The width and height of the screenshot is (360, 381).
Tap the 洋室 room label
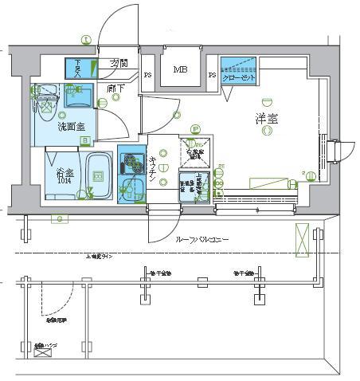pyautogui.click(x=267, y=119)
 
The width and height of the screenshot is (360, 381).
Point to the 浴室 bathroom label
pyautogui.click(x=65, y=171)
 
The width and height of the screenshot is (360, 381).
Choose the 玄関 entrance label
pyautogui.click(x=119, y=64)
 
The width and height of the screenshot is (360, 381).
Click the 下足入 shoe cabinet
pyautogui.click(x=79, y=67)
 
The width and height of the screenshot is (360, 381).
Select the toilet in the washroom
pyautogui.click(x=46, y=99)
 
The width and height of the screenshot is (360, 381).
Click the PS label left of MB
pyautogui.click(x=148, y=77)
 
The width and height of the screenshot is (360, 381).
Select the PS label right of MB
pyautogui.click(x=212, y=77)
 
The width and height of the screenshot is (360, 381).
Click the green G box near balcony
pyautogui.click(x=60, y=218)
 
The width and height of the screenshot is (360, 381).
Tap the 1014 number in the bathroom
pyautogui.click(x=65, y=181)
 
